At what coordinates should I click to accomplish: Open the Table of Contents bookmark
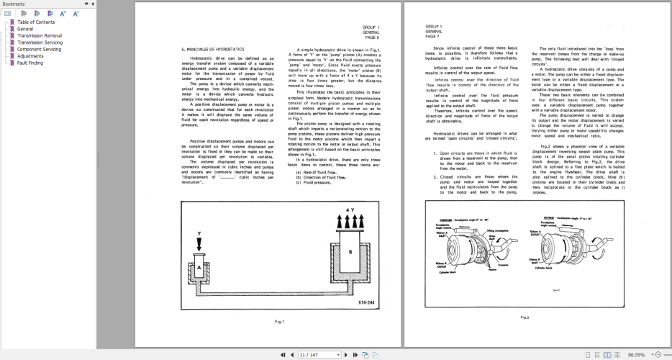point(35,22)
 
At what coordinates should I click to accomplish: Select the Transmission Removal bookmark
point(39,35)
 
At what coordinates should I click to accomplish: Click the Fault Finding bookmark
point(29,63)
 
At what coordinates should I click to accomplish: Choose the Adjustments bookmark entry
point(30,55)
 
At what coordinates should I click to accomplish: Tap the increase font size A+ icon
point(63,13)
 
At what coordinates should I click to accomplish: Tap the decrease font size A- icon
point(76,13)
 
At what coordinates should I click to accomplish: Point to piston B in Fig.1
point(350,251)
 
